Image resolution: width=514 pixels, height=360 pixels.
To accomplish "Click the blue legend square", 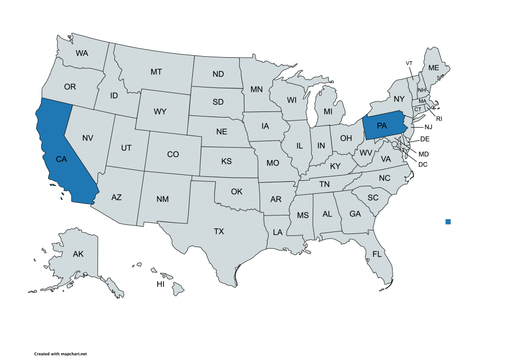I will [x=448, y=221].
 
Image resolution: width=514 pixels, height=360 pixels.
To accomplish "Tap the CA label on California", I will [x=61, y=159].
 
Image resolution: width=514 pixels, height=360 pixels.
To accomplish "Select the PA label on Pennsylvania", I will [x=382, y=126].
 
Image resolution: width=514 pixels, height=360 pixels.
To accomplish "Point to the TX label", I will [x=219, y=231].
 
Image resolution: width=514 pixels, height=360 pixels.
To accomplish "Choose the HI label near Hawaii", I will [x=161, y=284].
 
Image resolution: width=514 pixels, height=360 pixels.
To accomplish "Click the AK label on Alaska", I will [x=78, y=254].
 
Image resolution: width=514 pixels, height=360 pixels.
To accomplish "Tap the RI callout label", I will [x=439, y=119].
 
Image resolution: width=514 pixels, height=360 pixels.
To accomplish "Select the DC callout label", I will [x=423, y=164].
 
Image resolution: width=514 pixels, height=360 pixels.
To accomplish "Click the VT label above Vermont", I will [x=409, y=63].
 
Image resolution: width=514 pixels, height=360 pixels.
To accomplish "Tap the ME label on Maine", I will [x=433, y=68].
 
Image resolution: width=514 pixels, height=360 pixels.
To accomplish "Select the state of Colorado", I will [x=173, y=155].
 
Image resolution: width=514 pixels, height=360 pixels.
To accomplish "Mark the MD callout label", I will [x=424, y=154].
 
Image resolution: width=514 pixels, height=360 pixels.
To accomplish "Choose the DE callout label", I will [x=425, y=139].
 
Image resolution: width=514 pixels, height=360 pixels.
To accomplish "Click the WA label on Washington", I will [x=82, y=53].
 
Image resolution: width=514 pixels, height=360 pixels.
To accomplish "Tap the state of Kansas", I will [x=226, y=162].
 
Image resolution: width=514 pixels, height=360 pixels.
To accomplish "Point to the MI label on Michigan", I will [x=328, y=111].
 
